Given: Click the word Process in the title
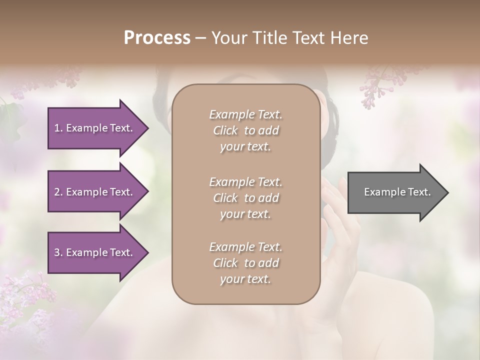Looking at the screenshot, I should pyautogui.click(x=157, y=38).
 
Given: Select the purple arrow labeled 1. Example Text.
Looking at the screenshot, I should pyautogui.click(x=95, y=128).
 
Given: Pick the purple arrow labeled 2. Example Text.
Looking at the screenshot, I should pyautogui.click(x=95, y=192).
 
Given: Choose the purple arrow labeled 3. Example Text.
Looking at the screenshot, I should pyautogui.click(x=95, y=252).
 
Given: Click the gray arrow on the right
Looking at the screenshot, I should pyautogui.click(x=395, y=192).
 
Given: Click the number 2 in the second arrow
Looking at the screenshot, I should pyautogui.click(x=57, y=192).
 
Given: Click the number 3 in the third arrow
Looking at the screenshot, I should pyautogui.click(x=57, y=252).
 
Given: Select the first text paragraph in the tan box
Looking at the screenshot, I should pyautogui.click(x=245, y=130).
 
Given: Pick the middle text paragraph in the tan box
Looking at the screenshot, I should pyautogui.click(x=245, y=198).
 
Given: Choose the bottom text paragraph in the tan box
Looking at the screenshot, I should pyautogui.click(x=245, y=263).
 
